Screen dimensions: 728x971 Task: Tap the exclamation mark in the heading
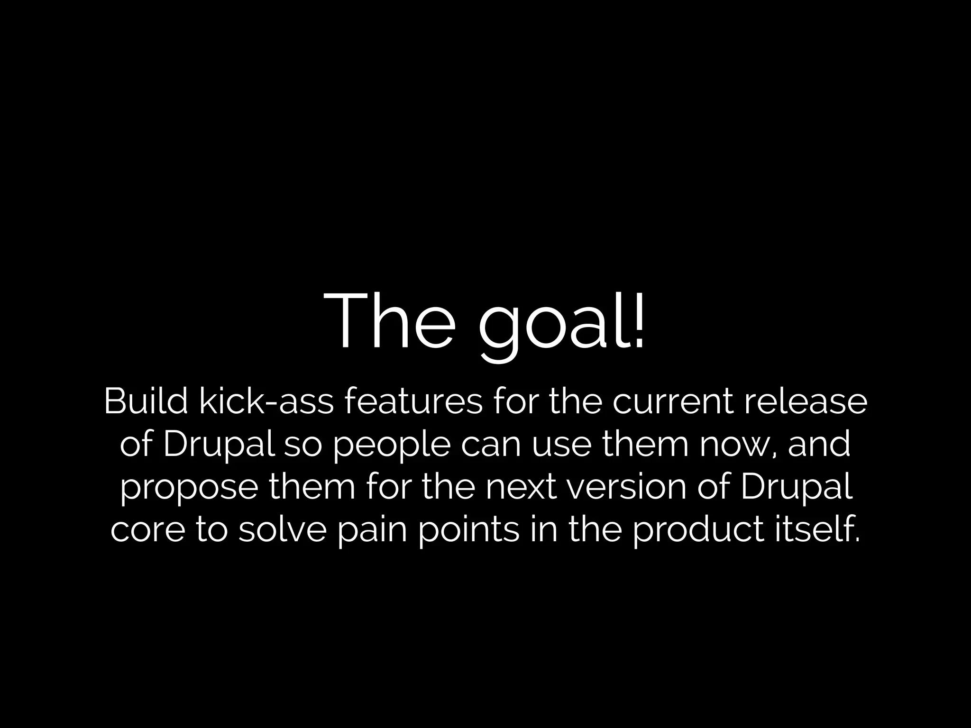tap(638, 320)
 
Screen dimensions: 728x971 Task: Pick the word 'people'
tap(392, 446)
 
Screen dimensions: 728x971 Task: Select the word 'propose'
tap(189, 488)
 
